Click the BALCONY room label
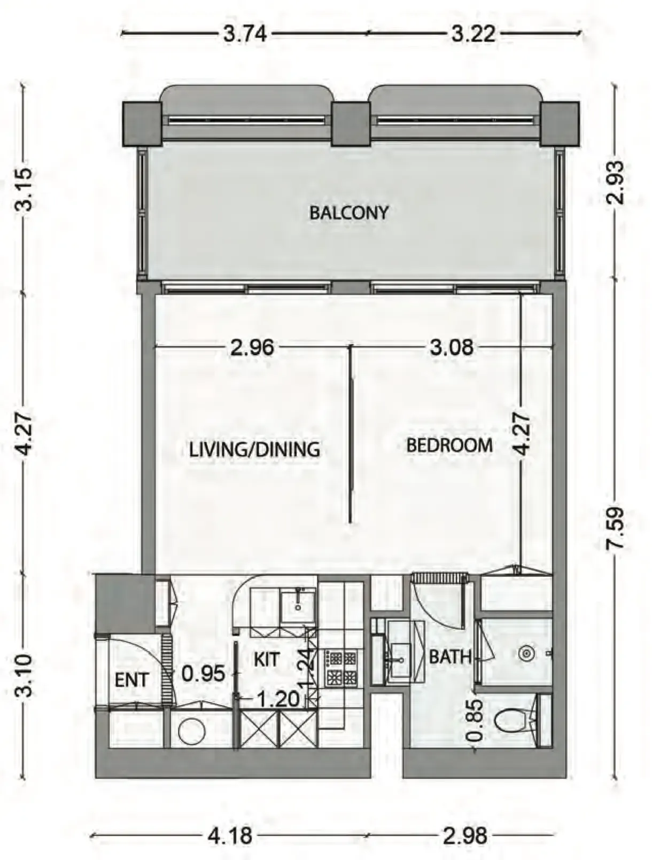coord(349,213)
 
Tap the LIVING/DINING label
coord(254,449)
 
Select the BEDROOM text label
coord(449,445)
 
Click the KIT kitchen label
coord(266,660)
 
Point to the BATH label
coord(450,656)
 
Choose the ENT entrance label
coord(131,680)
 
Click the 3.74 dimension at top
coord(245,34)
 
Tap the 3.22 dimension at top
coord(474,34)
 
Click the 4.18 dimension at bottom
coord(230,835)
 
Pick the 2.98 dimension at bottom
coord(465,835)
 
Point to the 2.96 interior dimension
coord(252,348)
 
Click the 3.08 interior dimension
coord(452,348)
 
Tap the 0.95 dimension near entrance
coord(203,674)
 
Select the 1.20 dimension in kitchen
coord(278,699)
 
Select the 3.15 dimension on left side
coord(25,189)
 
